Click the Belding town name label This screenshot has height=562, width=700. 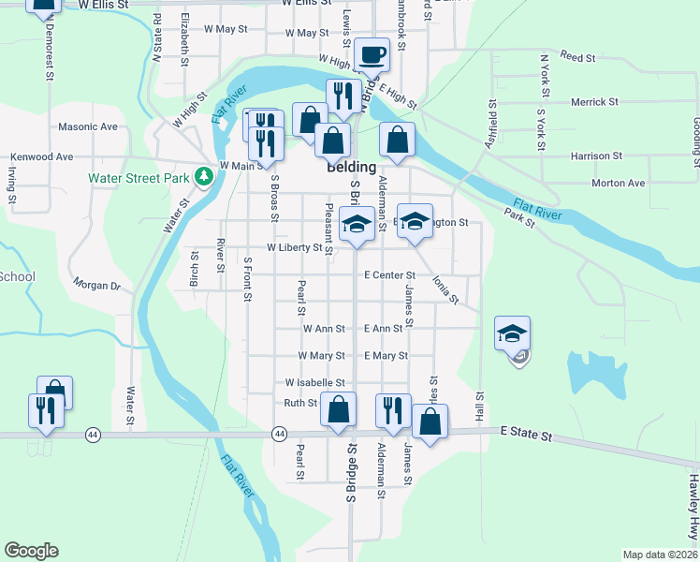tap(352, 168)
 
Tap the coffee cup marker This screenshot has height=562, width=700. tap(372, 54)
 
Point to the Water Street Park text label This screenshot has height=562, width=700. tap(139, 177)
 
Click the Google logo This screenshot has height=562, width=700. tap(31, 551)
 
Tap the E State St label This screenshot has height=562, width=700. tap(527, 436)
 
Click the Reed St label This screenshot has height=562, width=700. tap(578, 58)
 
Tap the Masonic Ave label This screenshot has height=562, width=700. tap(88, 126)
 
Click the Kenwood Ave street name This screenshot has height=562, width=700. tap(41, 156)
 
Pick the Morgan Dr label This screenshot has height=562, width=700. tap(97, 284)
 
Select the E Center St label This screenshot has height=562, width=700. tap(389, 275)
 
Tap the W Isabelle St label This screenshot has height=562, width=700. tap(315, 383)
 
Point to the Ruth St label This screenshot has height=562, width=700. tap(300, 403)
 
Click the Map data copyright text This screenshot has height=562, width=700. tap(660, 555)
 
